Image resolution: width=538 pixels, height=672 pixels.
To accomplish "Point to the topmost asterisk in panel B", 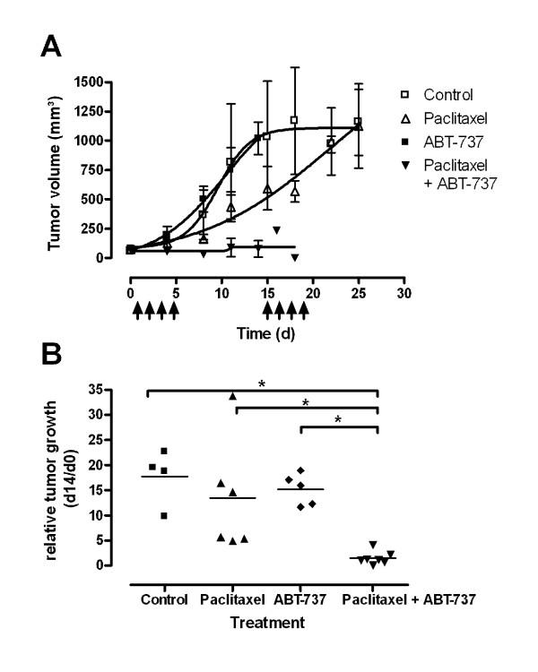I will tap(262, 383).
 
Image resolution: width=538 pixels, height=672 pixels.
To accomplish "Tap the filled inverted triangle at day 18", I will tap(294, 258).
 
